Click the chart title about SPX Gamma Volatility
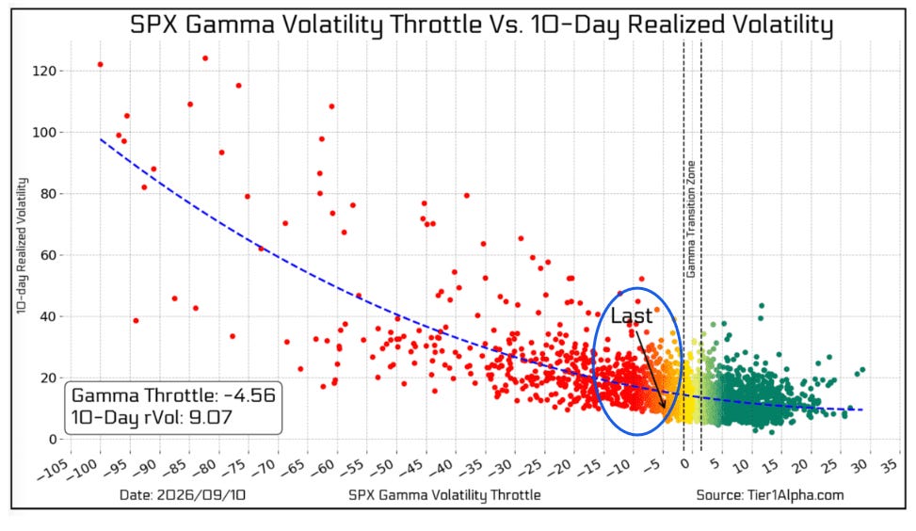(481, 24)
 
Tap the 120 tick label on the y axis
(44, 71)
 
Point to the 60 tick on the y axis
(49, 255)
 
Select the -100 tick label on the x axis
(82, 469)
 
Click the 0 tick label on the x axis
(684, 463)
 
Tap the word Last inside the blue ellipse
(631, 316)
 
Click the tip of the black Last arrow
(665, 408)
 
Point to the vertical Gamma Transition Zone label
(690, 219)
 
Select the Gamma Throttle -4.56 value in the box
(173, 395)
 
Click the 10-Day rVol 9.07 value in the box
(152, 418)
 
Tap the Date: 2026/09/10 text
(183, 495)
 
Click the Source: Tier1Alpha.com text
(770, 495)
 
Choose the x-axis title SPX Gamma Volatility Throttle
(444, 495)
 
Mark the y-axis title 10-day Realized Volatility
(22, 246)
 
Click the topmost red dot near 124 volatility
(205, 58)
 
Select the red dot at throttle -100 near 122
(101, 65)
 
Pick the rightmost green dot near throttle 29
(862, 370)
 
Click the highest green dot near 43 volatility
(762, 306)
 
